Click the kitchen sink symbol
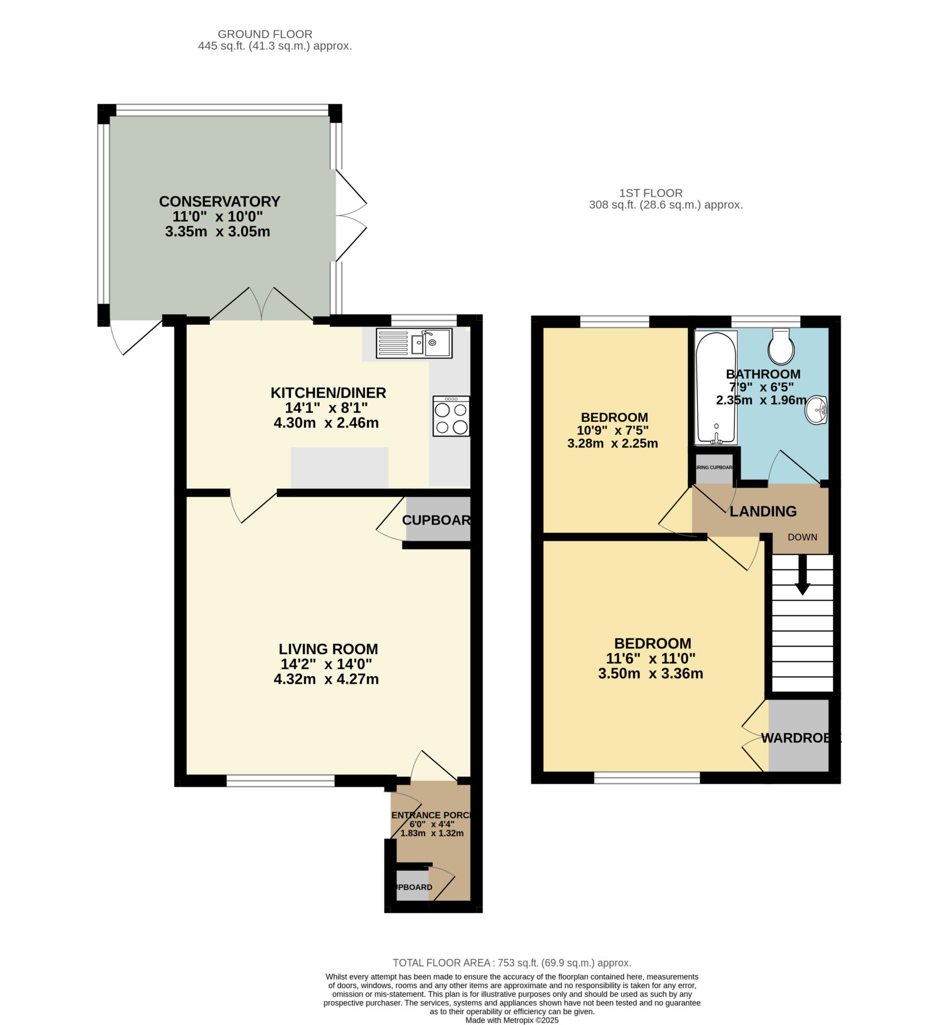coord(413,343)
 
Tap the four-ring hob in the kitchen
coord(451,416)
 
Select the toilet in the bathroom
coord(781,345)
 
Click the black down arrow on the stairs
coord(803,575)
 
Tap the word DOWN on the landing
coord(802,538)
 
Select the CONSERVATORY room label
coord(220,201)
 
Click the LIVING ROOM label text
coord(328,649)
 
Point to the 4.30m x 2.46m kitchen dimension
coord(326,423)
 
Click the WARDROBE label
coord(799,738)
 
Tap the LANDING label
coord(763,511)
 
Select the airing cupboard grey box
coord(714,468)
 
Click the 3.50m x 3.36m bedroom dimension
coord(650,674)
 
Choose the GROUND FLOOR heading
coord(265,34)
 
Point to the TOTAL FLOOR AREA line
coord(512,962)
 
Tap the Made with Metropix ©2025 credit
coord(512,1020)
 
